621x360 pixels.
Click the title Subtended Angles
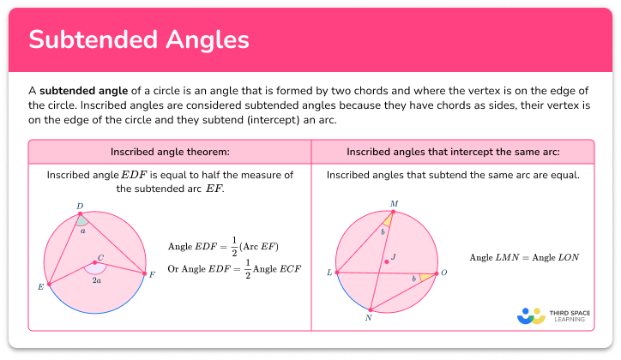coord(140,40)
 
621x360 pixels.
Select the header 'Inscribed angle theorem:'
coord(170,152)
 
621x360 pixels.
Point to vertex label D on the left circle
coord(80,206)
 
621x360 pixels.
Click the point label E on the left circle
coord(40,286)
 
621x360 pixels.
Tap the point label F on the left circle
coord(152,274)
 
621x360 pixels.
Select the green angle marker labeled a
coord(82,222)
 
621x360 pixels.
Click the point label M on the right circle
coord(394,203)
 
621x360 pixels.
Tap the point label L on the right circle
coord(329,273)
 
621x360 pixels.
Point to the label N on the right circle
coord(370,316)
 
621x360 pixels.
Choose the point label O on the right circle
coord(443,273)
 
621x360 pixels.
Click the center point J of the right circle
coord(387,262)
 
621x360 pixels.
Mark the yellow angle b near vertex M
coord(388,222)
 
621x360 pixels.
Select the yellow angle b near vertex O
coord(424,277)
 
